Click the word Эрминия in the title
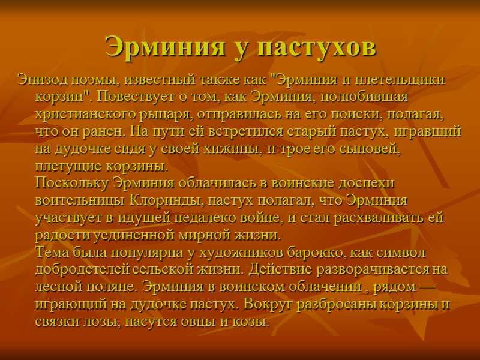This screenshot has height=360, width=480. click(x=160, y=47)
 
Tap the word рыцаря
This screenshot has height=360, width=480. click(x=187, y=113)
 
